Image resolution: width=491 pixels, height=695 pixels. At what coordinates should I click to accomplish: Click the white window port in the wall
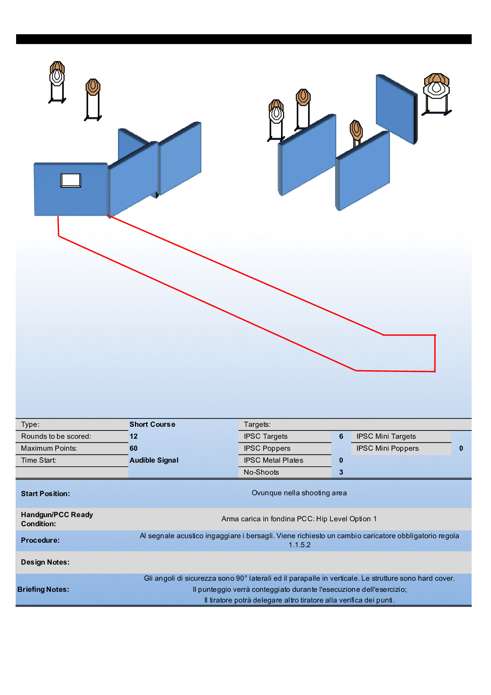[71, 180]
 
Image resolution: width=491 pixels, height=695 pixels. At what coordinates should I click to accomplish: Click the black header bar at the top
[244, 39]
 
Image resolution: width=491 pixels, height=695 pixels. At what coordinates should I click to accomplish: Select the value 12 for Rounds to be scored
[133, 436]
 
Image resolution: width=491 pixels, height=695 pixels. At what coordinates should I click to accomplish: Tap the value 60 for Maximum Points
[133, 448]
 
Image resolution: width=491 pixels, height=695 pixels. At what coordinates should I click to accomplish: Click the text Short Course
[152, 424]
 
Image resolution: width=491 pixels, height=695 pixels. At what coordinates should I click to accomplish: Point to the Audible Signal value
[154, 460]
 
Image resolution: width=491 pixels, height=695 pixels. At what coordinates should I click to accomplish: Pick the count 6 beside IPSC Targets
[341, 436]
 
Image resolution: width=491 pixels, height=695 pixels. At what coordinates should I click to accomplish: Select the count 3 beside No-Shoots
[341, 472]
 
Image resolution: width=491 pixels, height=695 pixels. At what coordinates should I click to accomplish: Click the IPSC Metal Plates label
[273, 460]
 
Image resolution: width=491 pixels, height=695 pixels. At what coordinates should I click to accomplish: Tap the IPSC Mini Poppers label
[387, 448]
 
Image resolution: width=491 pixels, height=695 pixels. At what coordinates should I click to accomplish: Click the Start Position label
[45, 494]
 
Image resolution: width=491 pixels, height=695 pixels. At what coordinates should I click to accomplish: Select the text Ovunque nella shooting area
[299, 493]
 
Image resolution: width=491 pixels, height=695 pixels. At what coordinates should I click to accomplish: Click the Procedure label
[40, 540]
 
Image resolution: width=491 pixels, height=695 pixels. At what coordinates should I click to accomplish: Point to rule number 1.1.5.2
[299, 545]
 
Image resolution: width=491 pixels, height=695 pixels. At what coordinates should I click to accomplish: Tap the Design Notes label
[45, 562]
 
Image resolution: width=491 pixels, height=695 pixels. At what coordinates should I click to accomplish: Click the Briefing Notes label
[43, 589]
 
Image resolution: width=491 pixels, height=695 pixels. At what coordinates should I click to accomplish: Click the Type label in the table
[30, 424]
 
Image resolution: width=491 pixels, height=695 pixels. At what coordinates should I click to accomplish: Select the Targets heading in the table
[257, 424]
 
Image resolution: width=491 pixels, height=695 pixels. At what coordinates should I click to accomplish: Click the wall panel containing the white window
[47, 199]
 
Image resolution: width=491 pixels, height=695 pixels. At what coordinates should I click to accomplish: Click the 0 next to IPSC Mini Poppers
[461, 448]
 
